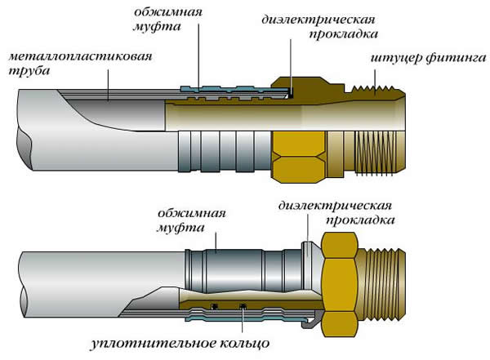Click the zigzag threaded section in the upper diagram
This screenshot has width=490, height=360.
click(376, 82)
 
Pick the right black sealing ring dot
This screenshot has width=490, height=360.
click(243, 307)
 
